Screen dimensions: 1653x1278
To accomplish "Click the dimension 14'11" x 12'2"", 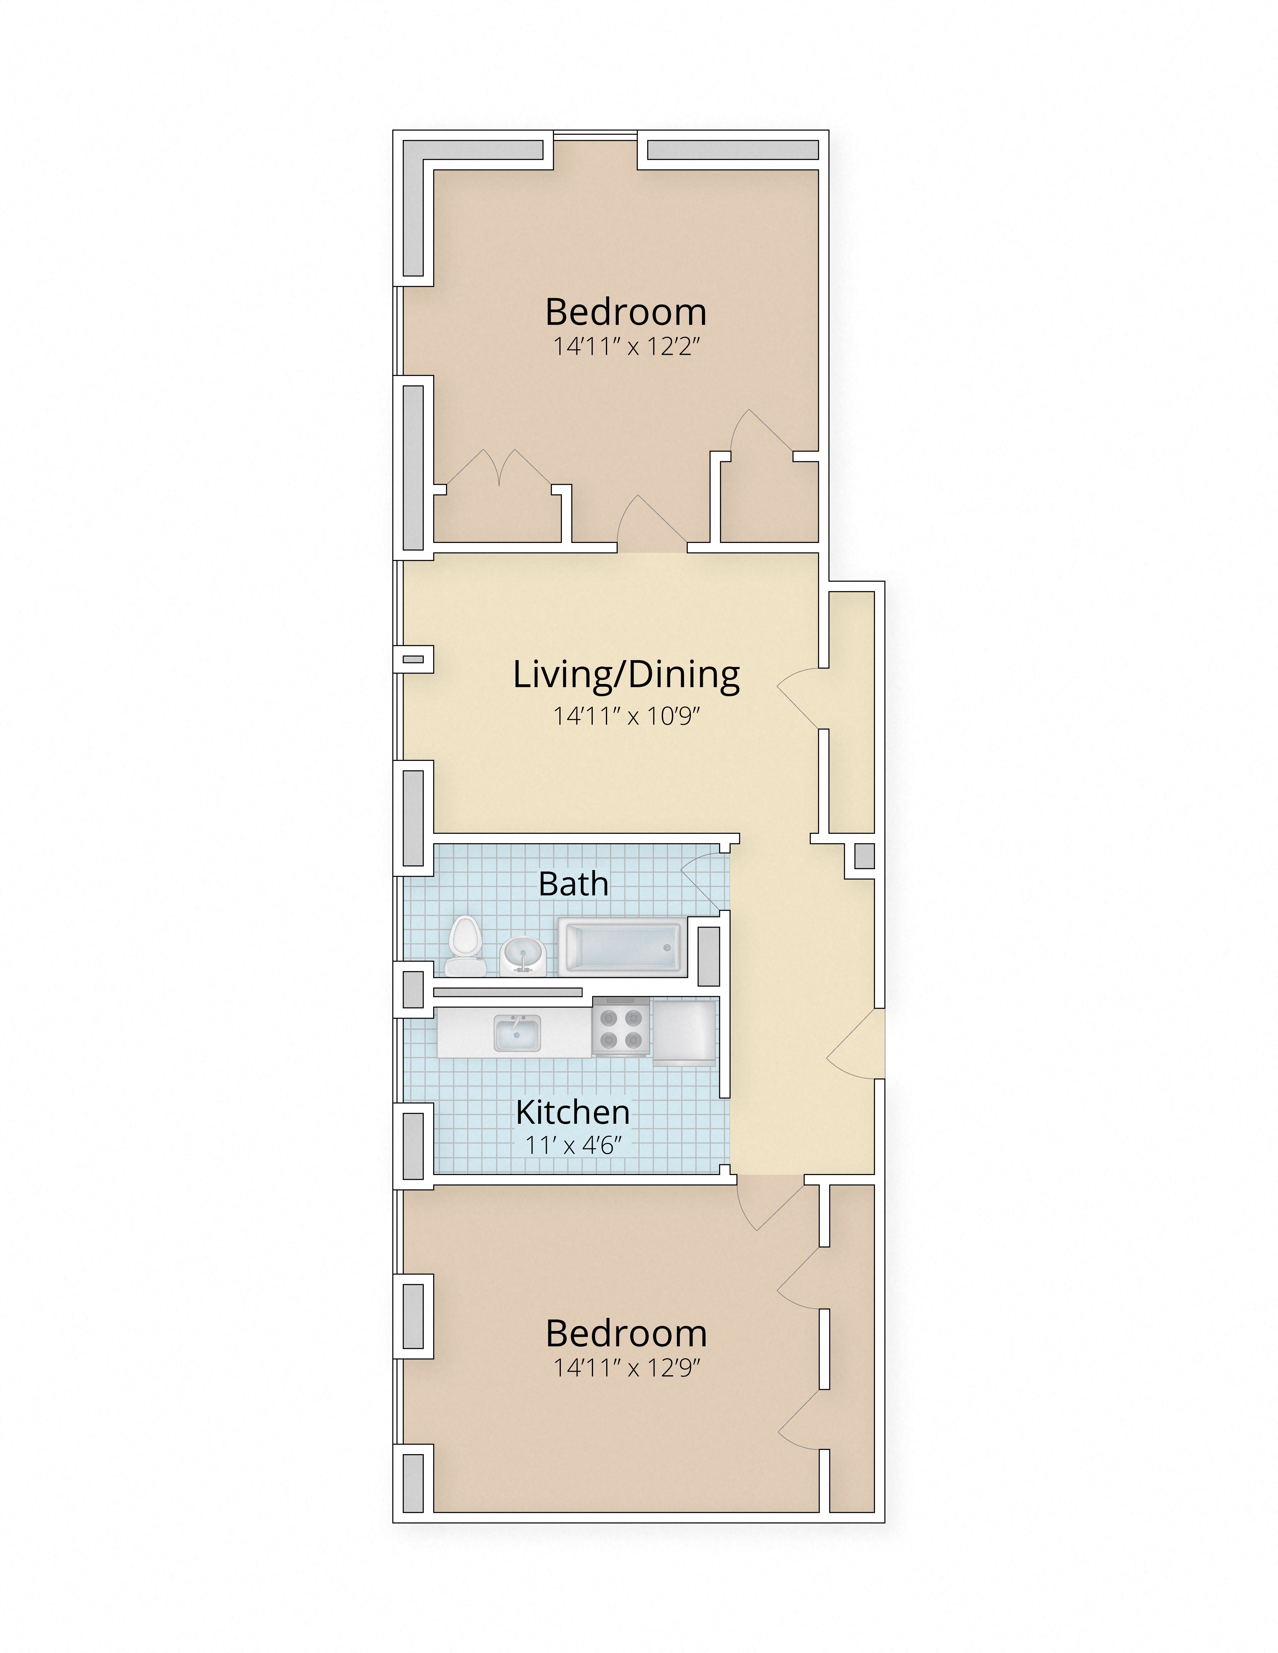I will pyautogui.click(x=625, y=347).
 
